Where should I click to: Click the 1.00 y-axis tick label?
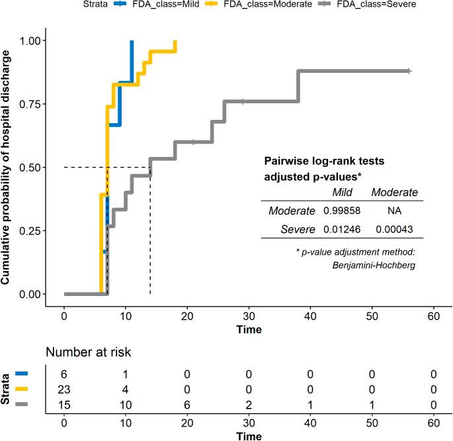click(30, 40)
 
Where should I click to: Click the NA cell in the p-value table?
click(395, 211)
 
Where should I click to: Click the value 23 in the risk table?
click(64, 389)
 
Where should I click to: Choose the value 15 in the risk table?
click(64, 404)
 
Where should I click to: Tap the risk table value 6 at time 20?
click(187, 404)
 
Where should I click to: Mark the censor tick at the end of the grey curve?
click(409, 71)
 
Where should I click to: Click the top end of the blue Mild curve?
click(132, 41)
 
